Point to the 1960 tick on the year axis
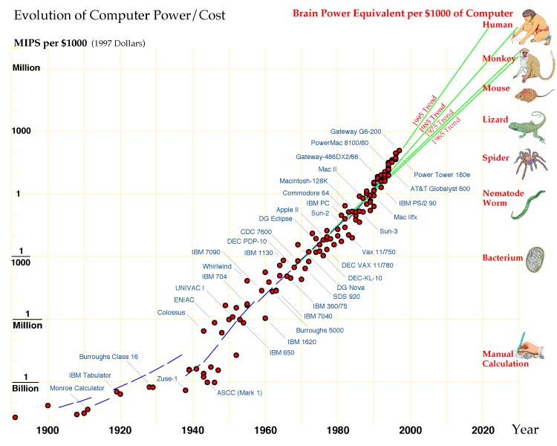click(x=266, y=430)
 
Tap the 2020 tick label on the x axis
click(x=483, y=430)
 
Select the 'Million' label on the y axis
click(x=26, y=68)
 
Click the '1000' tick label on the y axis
click(x=26, y=131)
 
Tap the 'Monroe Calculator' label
click(x=77, y=388)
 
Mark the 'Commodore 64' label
click(x=304, y=193)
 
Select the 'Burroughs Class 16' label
click(x=108, y=357)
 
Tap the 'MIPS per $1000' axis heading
click(x=50, y=43)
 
